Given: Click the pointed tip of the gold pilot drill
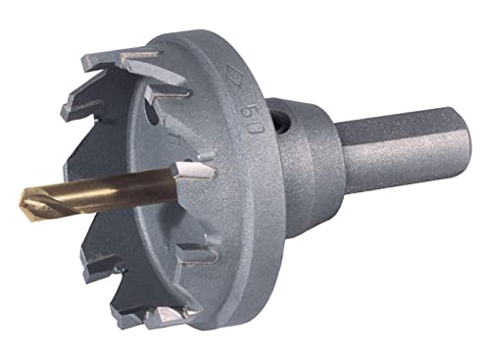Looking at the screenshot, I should point(21,205).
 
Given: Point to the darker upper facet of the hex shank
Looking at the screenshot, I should point(402,125).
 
